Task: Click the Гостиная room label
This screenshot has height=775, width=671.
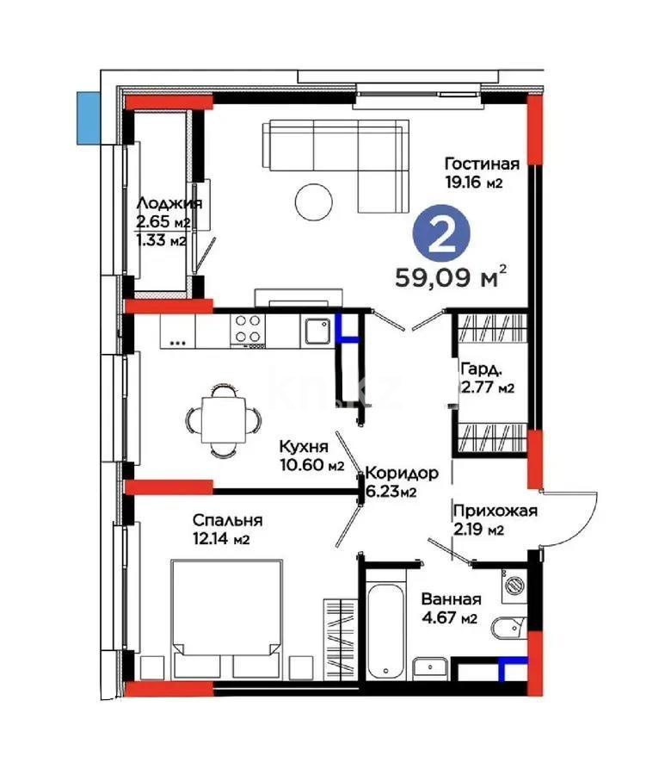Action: tap(482, 164)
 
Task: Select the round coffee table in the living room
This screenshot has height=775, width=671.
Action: tap(314, 202)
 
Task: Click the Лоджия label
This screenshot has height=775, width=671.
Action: tap(169, 204)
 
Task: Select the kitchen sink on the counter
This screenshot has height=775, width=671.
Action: tap(316, 329)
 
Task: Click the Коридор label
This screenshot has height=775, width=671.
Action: tap(401, 473)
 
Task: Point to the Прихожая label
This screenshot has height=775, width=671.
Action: tap(495, 511)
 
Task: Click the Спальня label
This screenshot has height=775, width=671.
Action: tap(227, 520)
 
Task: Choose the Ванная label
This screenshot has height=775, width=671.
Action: tap(451, 599)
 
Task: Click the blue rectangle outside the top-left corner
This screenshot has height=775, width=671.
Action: tap(86, 115)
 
